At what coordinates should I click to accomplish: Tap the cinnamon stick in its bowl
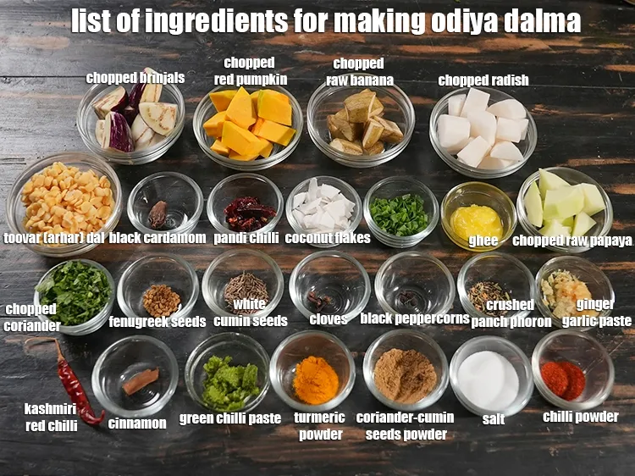point(140,380)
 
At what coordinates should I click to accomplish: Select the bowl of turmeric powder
point(315,379)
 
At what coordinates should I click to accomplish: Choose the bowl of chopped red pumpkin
point(247,125)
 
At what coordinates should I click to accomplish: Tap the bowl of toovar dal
point(63,200)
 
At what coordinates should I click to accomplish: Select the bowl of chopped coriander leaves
point(75,292)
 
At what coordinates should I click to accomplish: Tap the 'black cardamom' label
point(157,238)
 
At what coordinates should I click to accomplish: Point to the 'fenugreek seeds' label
point(157,322)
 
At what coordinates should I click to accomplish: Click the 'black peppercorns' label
point(414,318)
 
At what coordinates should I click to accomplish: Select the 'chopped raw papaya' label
point(572,241)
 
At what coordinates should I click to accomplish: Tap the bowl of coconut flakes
point(323,208)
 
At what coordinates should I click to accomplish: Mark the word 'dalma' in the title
point(542,21)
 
